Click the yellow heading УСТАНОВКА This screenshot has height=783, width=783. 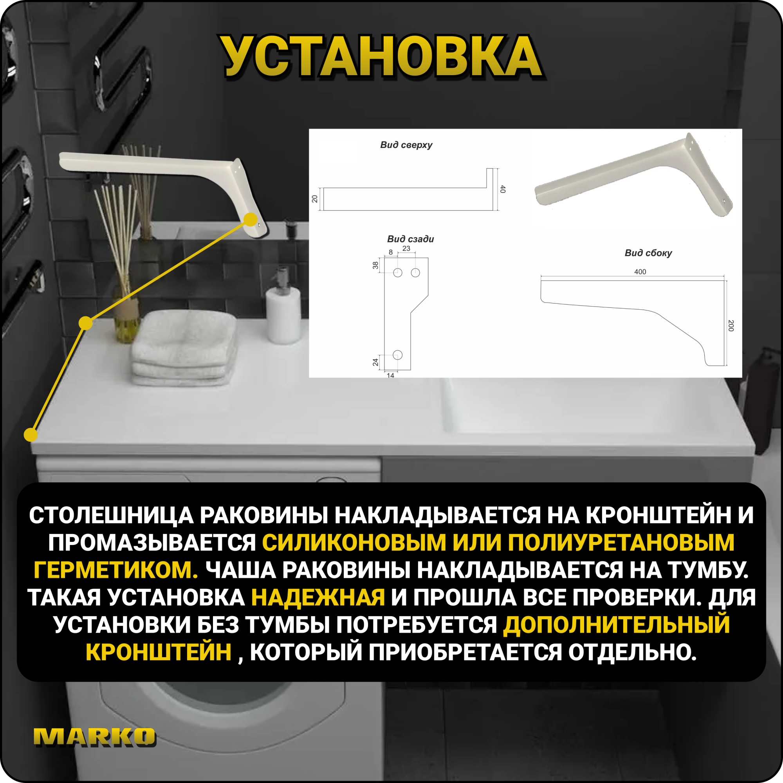[381, 57]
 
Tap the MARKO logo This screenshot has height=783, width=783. [94, 737]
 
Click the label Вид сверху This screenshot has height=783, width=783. [406, 145]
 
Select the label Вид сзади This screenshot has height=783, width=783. [410, 239]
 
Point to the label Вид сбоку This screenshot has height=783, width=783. [648, 253]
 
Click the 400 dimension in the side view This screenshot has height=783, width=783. [640, 272]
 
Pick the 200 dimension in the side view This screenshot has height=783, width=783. [731, 325]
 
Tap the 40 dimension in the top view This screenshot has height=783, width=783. [503, 189]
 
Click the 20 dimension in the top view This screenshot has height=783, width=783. [314, 198]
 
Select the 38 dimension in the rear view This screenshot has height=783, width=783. [375, 265]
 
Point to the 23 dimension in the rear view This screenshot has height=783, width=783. [406, 249]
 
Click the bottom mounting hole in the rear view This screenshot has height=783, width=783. [398, 355]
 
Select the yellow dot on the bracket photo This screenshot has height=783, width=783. [251, 220]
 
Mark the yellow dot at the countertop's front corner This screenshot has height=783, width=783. [31, 435]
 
